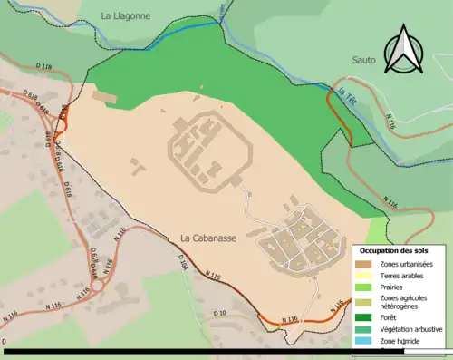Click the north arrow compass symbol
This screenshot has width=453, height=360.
(404, 50)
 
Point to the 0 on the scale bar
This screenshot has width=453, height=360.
(5, 343)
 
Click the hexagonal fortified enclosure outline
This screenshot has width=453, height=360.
(202, 151)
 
